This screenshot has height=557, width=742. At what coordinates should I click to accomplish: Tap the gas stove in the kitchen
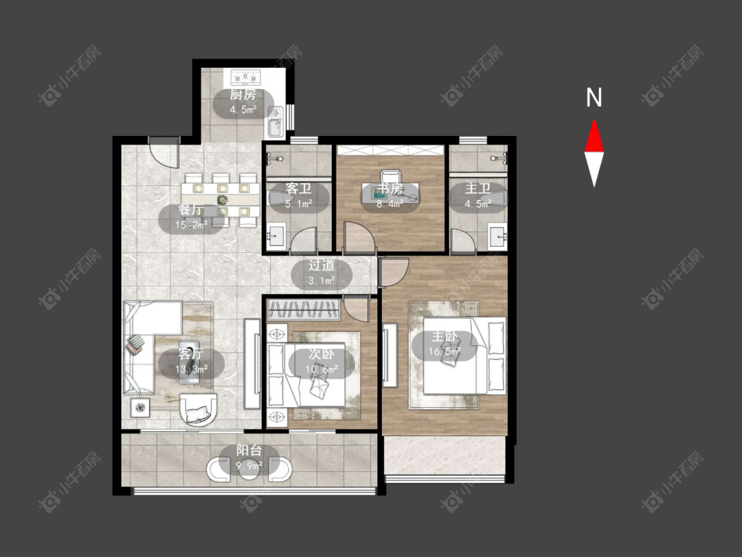[245, 76]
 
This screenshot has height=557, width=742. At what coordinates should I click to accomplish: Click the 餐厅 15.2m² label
[191, 218]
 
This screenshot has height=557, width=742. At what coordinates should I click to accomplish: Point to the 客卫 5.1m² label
[299, 196]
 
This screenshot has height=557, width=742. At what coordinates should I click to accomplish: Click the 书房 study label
[390, 196]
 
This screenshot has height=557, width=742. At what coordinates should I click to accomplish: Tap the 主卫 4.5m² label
[478, 196]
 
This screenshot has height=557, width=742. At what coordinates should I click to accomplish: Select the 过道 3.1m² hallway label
[322, 273]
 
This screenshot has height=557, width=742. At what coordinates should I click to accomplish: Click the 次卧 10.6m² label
[321, 361]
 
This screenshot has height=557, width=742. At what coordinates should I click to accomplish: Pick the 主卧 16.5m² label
[445, 344]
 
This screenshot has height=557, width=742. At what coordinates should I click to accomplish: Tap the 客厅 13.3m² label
[191, 361]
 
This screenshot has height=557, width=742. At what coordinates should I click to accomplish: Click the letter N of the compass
[594, 98]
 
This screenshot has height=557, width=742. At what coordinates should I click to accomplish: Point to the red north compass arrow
[594, 137]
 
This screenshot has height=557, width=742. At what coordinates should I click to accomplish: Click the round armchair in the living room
[198, 409]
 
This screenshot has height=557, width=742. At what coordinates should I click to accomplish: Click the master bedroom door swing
[393, 273]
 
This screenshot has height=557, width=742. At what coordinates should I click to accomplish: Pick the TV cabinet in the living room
[252, 364]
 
